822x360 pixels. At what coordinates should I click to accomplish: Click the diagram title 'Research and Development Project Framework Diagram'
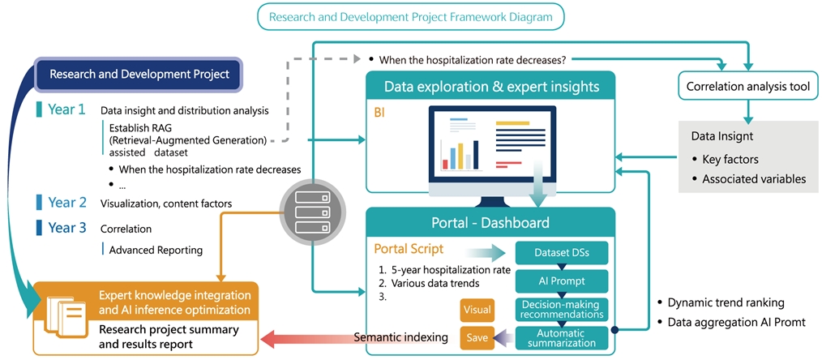point(411,16)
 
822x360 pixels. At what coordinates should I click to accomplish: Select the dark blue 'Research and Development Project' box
point(139,75)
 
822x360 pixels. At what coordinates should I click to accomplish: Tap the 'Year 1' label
point(66,109)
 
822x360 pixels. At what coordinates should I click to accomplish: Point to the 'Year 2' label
point(67,203)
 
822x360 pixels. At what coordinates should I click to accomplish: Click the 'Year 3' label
point(67,228)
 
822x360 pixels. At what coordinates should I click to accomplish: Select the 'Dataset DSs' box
point(561,253)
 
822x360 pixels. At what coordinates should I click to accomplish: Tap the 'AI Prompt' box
point(561,281)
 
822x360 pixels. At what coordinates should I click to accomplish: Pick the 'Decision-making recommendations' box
point(561,309)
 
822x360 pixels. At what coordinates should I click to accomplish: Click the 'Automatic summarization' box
point(561,337)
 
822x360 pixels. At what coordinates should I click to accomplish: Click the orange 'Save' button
point(476,337)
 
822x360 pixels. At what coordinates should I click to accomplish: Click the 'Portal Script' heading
point(409,248)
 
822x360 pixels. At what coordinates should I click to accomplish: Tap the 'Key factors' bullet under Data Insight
point(730,159)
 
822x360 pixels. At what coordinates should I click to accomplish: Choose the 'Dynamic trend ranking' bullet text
point(726,302)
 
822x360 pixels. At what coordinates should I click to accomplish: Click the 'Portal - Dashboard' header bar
point(490,222)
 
